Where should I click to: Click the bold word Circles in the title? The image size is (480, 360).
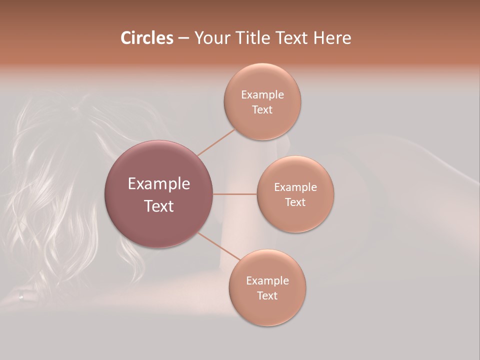click(x=146, y=37)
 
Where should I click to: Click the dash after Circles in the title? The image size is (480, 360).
click(x=183, y=38)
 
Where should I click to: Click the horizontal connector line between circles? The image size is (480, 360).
click(x=235, y=194)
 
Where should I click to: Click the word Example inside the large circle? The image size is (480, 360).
click(x=159, y=184)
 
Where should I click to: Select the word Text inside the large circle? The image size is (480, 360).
click(x=159, y=206)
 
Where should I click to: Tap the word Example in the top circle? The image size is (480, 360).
click(x=262, y=95)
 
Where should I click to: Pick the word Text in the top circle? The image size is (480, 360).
click(x=262, y=110)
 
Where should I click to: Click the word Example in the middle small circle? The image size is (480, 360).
click(x=295, y=187)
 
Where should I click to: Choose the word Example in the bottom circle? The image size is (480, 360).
click(x=267, y=281)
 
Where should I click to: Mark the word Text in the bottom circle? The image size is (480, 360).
click(x=267, y=296)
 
